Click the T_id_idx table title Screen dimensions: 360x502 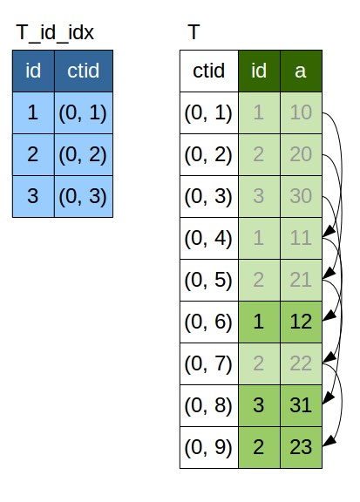point(55,32)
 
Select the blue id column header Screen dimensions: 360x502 point(34,71)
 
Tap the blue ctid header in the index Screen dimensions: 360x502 point(84,71)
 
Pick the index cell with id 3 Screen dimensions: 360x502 point(34,196)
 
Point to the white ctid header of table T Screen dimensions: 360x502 point(209,71)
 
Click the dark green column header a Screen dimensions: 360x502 point(301,71)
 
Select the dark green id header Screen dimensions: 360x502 point(259,71)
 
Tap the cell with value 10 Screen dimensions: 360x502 point(301,112)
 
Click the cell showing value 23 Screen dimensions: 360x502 point(301,447)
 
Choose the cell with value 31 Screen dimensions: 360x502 point(301,405)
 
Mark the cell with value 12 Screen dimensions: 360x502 point(301,322)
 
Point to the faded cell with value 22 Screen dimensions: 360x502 point(301,363)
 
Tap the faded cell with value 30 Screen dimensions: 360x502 point(301,196)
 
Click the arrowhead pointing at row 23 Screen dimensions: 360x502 point(329,441)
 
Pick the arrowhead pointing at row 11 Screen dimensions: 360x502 point(329,232)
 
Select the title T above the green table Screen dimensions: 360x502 point(194,32)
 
